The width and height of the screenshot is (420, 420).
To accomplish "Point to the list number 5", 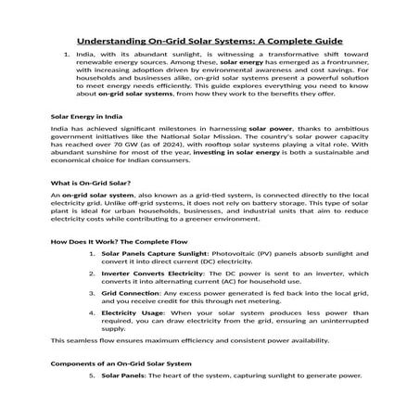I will pyautogui.click(x=91, y=377).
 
